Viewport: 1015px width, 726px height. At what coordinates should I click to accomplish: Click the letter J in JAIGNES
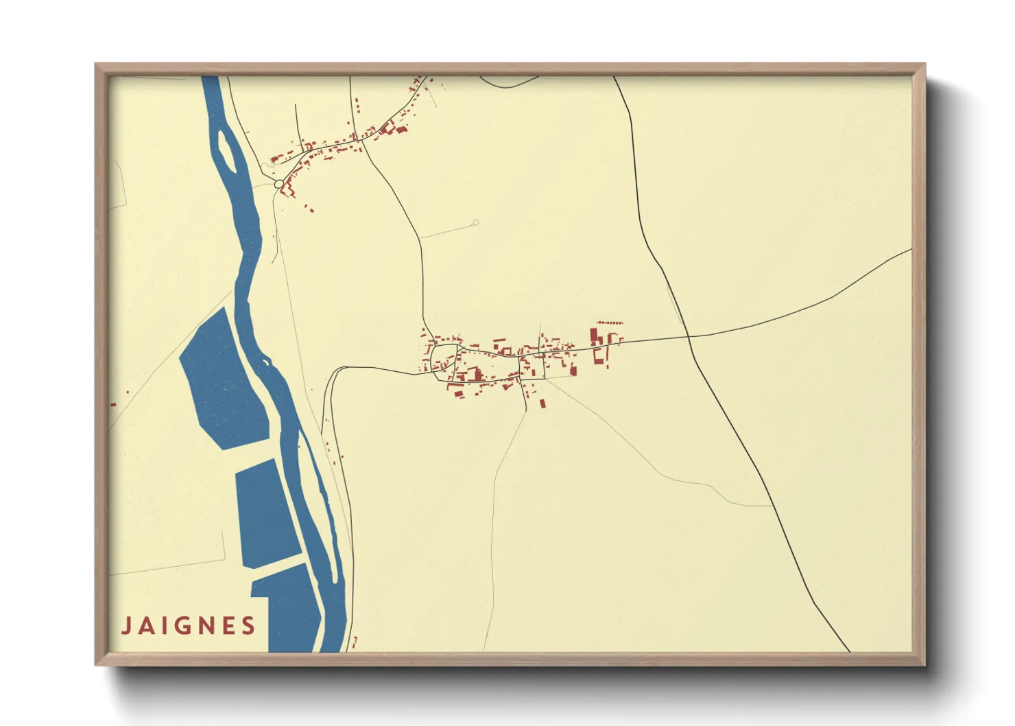126,626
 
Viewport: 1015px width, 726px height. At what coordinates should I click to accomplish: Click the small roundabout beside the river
278,184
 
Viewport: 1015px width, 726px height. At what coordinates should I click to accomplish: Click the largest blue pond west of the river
223,381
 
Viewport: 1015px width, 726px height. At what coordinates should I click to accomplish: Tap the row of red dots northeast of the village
610,322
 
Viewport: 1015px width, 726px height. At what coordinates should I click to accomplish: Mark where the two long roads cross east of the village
688,336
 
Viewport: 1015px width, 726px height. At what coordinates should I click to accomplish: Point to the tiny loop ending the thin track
475,222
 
